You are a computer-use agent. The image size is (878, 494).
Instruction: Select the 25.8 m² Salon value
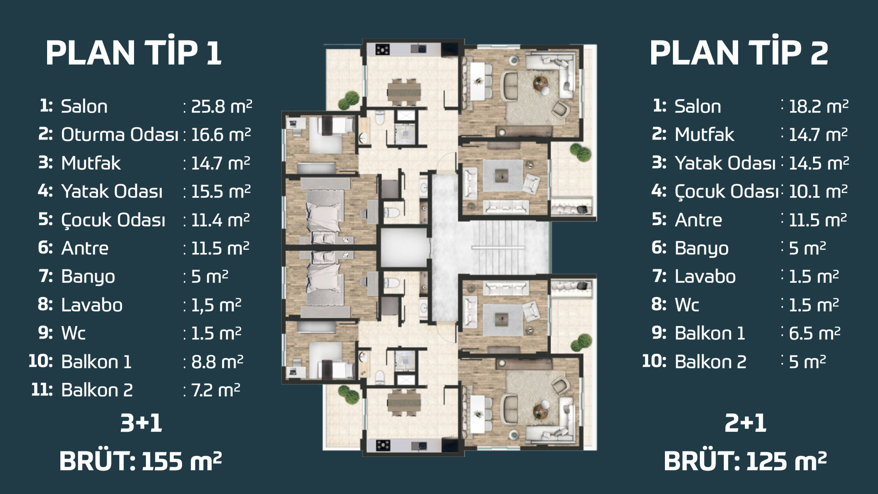(221, 106)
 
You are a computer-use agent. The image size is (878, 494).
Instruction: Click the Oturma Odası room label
(120, 134)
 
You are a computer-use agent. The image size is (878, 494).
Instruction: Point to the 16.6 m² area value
(221, 134)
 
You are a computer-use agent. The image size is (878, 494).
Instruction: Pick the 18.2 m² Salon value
(819, 106)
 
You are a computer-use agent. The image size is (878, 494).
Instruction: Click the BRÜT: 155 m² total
(140, 461)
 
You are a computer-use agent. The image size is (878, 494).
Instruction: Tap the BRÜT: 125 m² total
(745, 461)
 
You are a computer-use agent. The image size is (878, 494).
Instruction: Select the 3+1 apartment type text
(141, 423)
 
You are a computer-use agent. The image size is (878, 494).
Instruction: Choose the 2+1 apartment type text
(745, 423)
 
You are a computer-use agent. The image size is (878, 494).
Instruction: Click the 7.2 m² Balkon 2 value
(215, 390)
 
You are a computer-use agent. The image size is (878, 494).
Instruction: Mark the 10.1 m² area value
(818, 191)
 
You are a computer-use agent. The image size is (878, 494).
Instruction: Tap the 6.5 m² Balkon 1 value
(814, 333)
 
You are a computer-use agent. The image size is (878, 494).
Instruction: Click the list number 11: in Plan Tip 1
(42, 390)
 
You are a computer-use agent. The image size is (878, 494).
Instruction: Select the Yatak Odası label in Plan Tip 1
(112, 191)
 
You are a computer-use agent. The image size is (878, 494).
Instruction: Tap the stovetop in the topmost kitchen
(382, 49)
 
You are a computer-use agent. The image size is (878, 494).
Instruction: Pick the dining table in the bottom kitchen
(404, 402)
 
